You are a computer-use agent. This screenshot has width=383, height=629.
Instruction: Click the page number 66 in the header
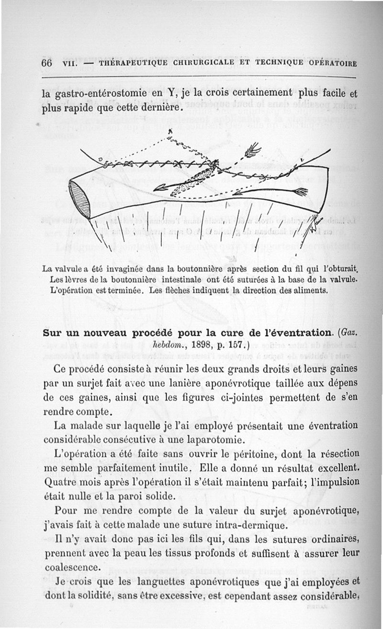pyautogui.click(x=46, y=64)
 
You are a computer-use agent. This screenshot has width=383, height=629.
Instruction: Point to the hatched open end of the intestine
pyautogui.click(x=79, y=199)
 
